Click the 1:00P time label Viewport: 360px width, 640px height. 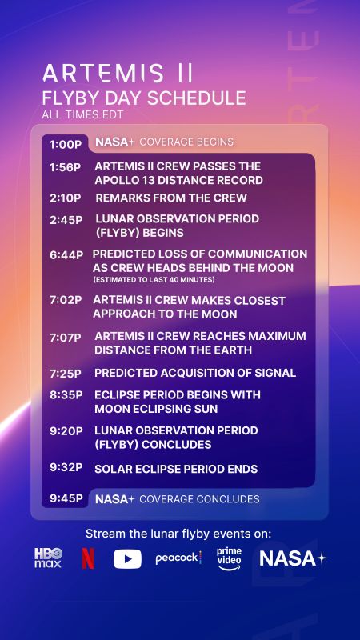[66, 145]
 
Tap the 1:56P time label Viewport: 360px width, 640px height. [66, 167]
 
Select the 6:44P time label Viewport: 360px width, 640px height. [66, 254]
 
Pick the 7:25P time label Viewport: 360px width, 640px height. [66, 373]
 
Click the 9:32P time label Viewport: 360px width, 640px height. [66, 469]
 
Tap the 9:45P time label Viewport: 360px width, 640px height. [66, 498]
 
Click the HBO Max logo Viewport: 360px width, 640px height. [48, 558]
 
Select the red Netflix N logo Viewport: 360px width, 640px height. [88, 558]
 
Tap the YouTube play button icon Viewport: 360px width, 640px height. [127, 558]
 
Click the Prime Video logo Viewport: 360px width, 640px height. [228, 558]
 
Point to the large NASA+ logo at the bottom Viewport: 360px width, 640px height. [293, 558]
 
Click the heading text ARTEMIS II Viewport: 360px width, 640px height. [118, 74]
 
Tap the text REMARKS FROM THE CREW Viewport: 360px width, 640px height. [171, 198]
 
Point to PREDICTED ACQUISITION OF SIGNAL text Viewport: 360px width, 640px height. [195, 373]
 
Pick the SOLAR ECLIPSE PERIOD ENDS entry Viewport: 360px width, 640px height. [176, 469]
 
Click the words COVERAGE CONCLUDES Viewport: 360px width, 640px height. [199, 498]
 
